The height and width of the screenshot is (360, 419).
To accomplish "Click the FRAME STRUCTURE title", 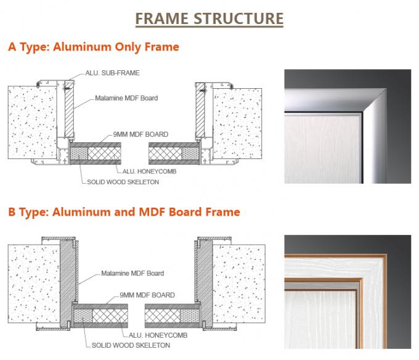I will [209, 18].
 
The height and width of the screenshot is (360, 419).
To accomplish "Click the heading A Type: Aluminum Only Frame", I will [93, 46].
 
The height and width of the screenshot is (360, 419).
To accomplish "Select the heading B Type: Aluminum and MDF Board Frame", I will [124, 212].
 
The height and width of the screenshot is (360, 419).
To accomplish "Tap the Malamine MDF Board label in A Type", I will [126, 98].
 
